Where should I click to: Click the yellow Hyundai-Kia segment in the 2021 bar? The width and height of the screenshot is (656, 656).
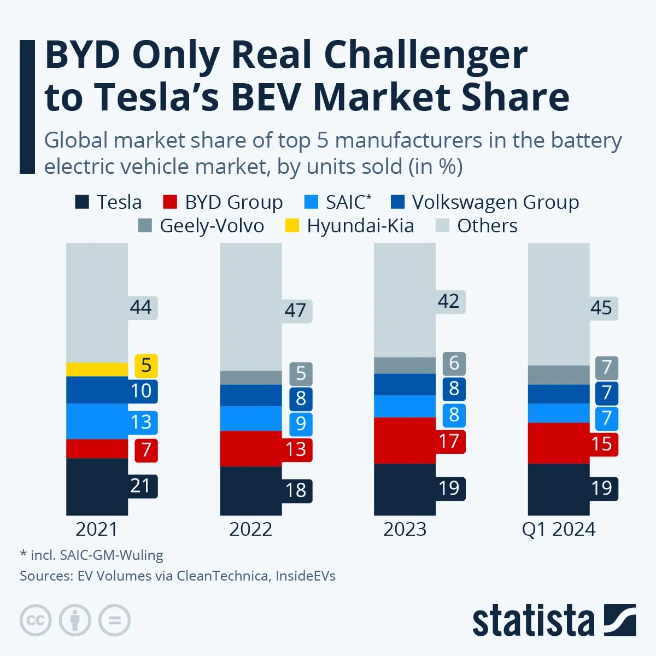click(97, 369)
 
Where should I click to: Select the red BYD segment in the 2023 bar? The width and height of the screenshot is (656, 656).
click(405, 441)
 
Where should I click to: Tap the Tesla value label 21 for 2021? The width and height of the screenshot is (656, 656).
click(140, 485)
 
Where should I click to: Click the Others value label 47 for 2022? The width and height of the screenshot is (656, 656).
click(295, 311)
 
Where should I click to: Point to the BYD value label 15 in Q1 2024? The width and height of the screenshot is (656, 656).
click(601, 444)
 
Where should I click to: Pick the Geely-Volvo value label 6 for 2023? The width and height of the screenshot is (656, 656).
click(454, 363)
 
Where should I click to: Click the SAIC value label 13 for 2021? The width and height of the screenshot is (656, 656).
click(140, 422)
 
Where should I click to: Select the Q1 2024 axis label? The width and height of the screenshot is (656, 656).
click(558, 529)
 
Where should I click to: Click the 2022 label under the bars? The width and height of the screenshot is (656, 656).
click(250, 529)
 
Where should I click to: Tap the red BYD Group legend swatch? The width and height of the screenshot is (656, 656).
click(170, 202)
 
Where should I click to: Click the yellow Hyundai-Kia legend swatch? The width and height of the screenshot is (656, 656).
click(292, 226)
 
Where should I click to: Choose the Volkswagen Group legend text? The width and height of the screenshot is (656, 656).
click(495, 202)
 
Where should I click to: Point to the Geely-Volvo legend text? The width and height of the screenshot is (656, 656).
click(212, 226)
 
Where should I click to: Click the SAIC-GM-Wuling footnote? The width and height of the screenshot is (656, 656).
click(92, 555)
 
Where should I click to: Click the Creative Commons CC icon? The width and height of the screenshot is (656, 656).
click(36, 620)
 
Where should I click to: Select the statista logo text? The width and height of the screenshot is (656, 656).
click(533, 622)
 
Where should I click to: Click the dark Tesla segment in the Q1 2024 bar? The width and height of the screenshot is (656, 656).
click(558, 489)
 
